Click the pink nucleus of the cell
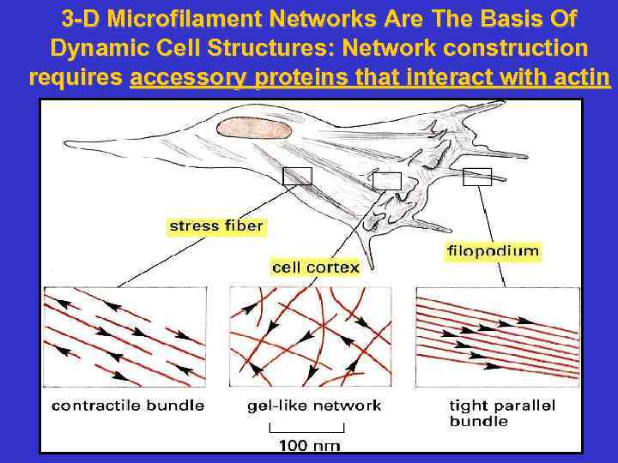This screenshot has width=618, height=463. (x=254, y=129)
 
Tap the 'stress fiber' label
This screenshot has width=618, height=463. (x=216, y=227)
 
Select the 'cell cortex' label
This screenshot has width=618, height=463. (x=315, y=268)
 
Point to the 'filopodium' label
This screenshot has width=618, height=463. (x=494, y=251)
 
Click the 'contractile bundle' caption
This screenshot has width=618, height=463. (x=128, y=406)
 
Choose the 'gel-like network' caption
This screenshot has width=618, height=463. (x=314, y=406)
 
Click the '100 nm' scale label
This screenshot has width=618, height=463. (x=309, y=445)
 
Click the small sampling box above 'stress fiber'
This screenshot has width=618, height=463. (x=298, y=176)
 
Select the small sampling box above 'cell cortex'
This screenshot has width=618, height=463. (x=387, y=181)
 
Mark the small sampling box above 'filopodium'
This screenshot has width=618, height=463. (x=477, y=177)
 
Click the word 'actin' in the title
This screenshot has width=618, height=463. (x=583, y=79)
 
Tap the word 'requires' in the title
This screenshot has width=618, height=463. (x=76, y=79)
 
